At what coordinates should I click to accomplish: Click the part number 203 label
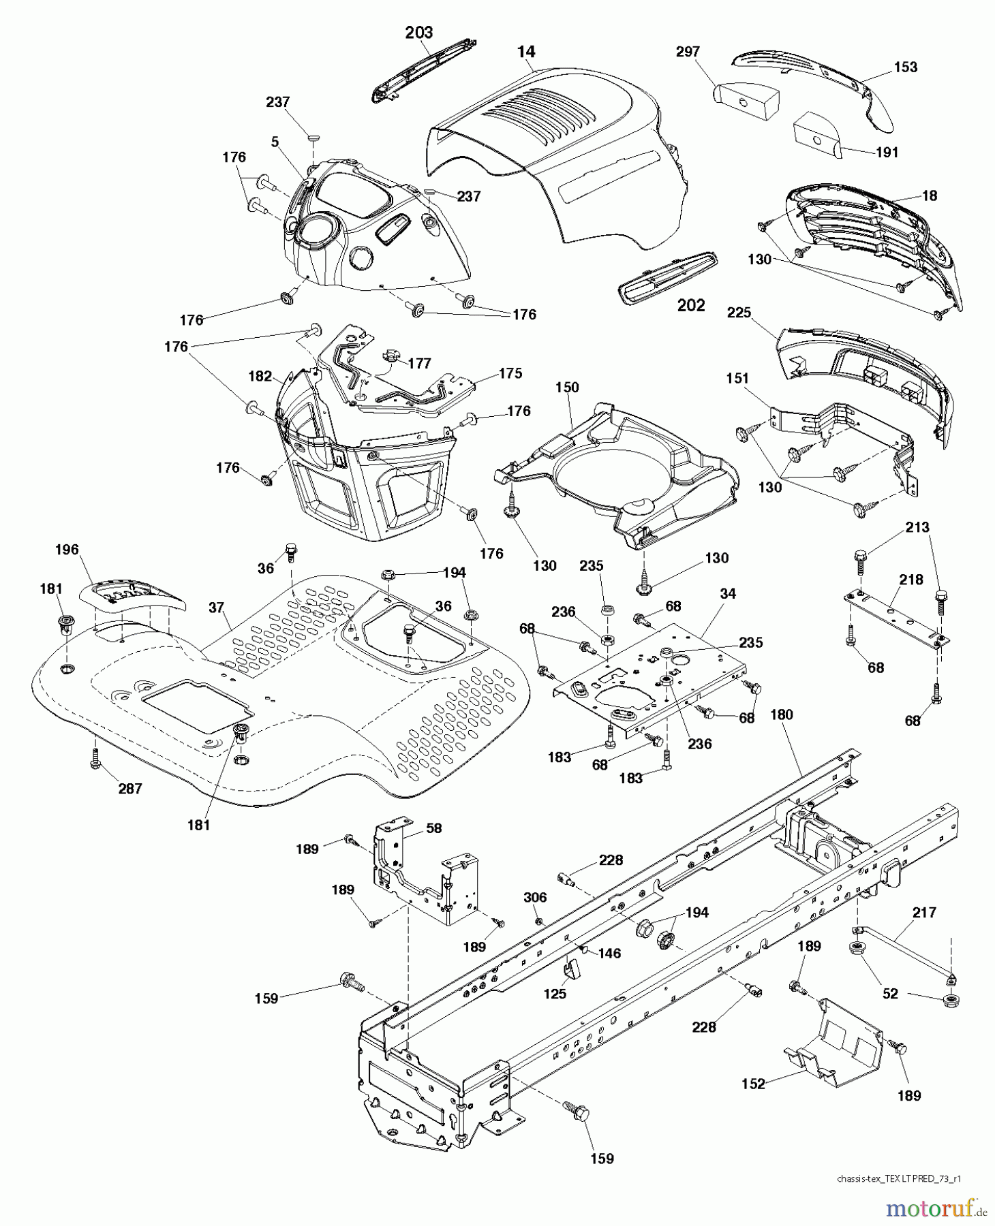pos(418,32)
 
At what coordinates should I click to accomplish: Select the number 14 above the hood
pos(526,51)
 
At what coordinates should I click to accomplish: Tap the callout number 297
pos(688,52)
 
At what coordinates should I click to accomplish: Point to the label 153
pos(905,67)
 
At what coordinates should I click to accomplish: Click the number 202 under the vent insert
pos(690,305)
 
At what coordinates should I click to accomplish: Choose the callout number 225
pos(739,313)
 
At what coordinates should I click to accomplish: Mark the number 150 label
pos(567,387)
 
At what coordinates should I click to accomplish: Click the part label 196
pos(67,549)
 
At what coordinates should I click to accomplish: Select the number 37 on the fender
pos(216,607)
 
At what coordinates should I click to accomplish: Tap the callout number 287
pos(129,789)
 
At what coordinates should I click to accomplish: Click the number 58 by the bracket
pos(433,828)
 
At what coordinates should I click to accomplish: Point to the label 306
pos(535,897)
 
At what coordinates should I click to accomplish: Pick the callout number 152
pos(753,1084)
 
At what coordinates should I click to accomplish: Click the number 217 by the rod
pos(924,912)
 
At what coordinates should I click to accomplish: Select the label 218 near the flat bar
pos(911,580)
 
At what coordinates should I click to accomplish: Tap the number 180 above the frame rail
pos(782,714)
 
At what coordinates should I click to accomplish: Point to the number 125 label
pos(555,994)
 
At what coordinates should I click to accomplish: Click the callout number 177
pos(419,363)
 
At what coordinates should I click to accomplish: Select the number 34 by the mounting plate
pos(728,594)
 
